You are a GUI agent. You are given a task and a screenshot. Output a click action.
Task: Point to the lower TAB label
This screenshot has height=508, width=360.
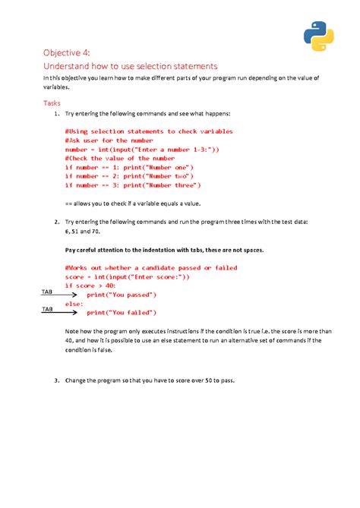click(x=47, y=309)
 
